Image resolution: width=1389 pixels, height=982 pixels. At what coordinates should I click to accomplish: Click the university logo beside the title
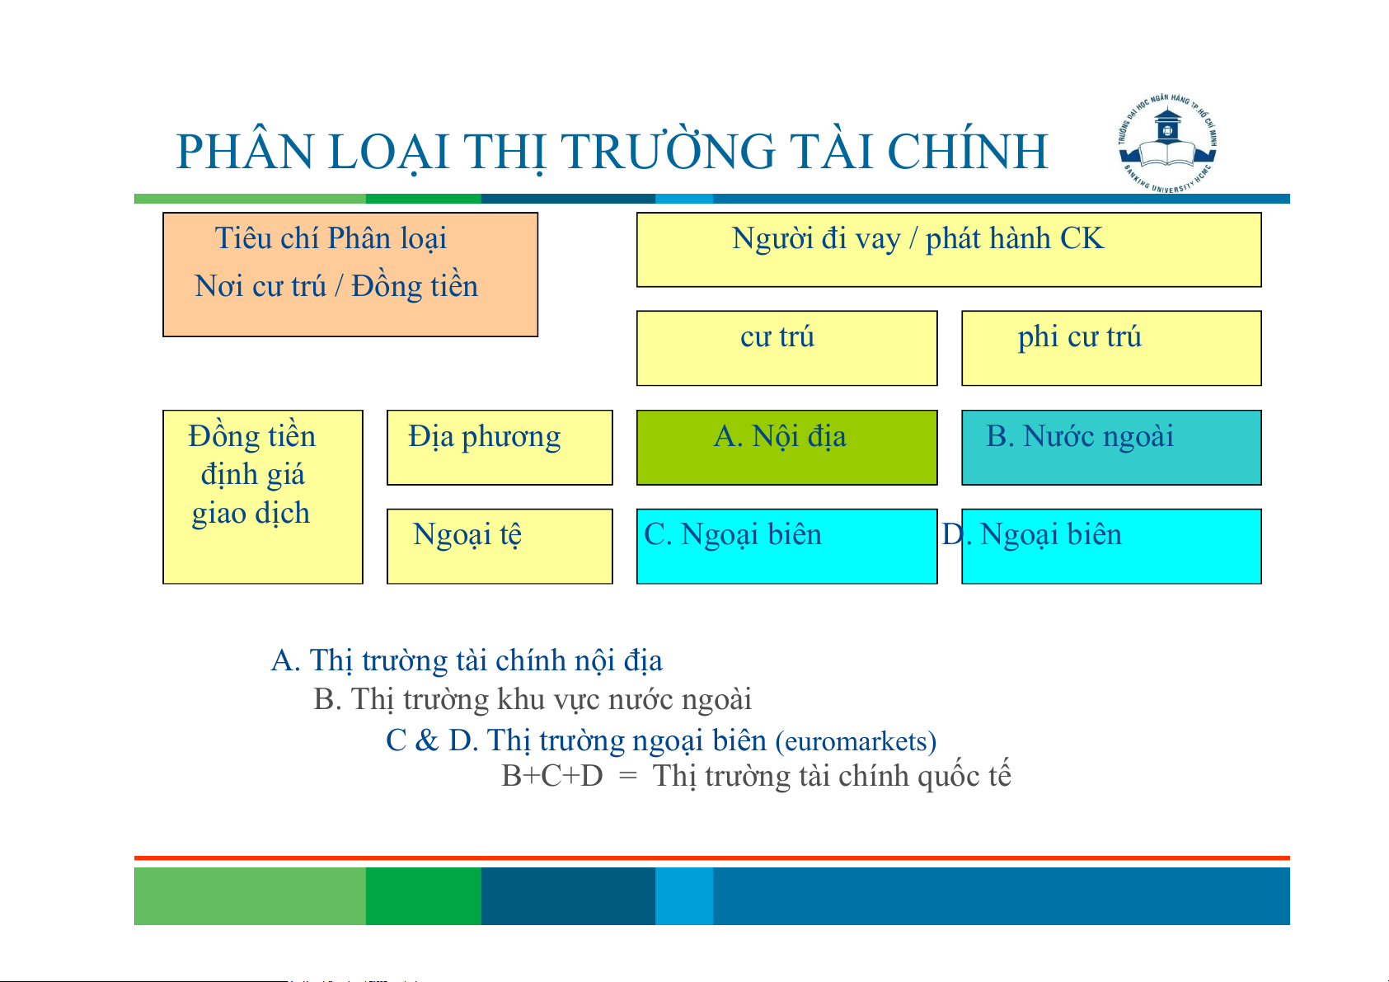(1167, 143)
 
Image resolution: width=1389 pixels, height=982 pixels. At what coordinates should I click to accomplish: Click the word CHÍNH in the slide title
(967, 151)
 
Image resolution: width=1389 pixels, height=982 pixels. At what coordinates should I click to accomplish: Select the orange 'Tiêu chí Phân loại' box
(350, 275)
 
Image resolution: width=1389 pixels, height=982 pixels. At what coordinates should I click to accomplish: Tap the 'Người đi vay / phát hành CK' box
(949, 249)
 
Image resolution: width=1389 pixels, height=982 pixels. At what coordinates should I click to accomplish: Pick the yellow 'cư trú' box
(787, 348)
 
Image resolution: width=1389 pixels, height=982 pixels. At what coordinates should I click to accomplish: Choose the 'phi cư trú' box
(1111, 348)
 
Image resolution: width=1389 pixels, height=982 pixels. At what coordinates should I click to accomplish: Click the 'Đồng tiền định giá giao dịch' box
(263, 497)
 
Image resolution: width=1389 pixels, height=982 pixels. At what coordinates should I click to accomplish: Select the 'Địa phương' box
(500, 447)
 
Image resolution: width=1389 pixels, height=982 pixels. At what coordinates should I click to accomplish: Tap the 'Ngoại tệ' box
(500, 547)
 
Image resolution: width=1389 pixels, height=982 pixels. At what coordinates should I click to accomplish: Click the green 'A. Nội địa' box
(787, 447)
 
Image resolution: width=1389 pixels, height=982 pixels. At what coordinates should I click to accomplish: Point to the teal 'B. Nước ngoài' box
(1111, 447)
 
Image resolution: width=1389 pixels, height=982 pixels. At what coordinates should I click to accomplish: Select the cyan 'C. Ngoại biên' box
(787, 547)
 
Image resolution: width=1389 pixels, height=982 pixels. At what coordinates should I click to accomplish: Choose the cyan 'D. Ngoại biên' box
(1111, 547)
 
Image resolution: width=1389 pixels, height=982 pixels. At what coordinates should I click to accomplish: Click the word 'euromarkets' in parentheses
(856, 742)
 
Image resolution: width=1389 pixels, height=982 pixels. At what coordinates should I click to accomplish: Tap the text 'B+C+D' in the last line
(551, 776)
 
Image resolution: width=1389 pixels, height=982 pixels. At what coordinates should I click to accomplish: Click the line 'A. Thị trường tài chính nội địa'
(467, 660)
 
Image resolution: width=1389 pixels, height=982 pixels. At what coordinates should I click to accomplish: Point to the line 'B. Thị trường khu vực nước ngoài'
(533, 700)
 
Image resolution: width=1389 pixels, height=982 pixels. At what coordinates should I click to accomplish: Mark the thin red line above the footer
(712, 858)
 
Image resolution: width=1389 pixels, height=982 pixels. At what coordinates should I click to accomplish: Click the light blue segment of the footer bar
(684, 895)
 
